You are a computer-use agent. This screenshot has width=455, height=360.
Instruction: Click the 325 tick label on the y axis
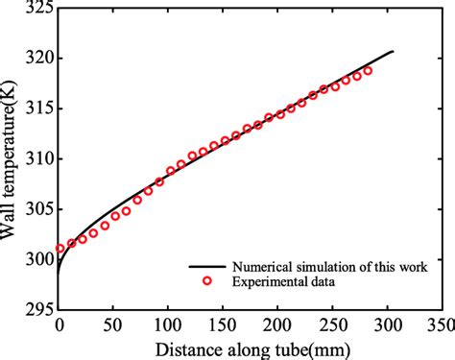pyautogui.click(x=36, y=9)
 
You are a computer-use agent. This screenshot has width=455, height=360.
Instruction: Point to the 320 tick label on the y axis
pyautogui.click(x=36, y=59)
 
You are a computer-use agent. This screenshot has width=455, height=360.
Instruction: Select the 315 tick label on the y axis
pyautogui.click(x=36, y=108)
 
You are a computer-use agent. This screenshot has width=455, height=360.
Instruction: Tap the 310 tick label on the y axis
pyautogui.click(x=36, y=158)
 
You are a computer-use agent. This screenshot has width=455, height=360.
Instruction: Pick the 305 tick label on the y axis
pyautogui.click(x=36, y=208)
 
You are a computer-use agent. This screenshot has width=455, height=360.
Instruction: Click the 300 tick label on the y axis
pyautogui.click(x=36, y=258)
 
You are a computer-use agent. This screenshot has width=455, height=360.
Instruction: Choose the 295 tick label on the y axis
pyautogui.click(x=36, y=308)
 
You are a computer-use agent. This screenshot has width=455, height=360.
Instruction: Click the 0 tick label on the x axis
pyautogui.click(x=60, y=324)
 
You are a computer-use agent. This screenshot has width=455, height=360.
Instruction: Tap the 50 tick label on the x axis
pyautogui.click(x=114, y=324)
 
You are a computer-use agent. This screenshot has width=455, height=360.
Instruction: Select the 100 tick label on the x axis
pyautogui.click(x=169, y=324)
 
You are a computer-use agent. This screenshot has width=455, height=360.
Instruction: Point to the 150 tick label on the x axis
pyautogui.click(x=224, y=324)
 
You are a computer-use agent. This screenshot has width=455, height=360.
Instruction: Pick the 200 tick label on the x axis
pyautogui.click(x=278, y=324)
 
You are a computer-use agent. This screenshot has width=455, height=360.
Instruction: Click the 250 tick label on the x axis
pyautogui.click(x=333, y=324)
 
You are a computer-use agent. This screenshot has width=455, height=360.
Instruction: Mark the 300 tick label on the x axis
pyautogui.click(x=388, y=324)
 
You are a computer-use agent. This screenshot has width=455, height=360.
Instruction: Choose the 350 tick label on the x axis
pyautogui.click(x=440, y=324)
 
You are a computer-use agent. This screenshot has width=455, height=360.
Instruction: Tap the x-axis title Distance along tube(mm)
pyautogui.click(x=251, y=347)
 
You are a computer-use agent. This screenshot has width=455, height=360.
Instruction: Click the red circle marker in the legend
pyautogui.click(x=205, y=280)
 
